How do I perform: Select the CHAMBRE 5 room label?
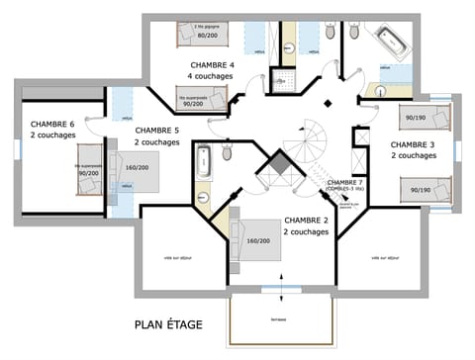(x=156, y=130)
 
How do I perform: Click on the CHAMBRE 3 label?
(x=413, y=143)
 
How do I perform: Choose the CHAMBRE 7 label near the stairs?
(x=345, y=182)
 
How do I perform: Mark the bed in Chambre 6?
(x=88, y=172)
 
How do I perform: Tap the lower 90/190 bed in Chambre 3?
(x=422, y=188)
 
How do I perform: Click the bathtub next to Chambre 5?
(x=205, y=160)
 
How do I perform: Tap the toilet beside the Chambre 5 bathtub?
(x=227, y=153)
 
